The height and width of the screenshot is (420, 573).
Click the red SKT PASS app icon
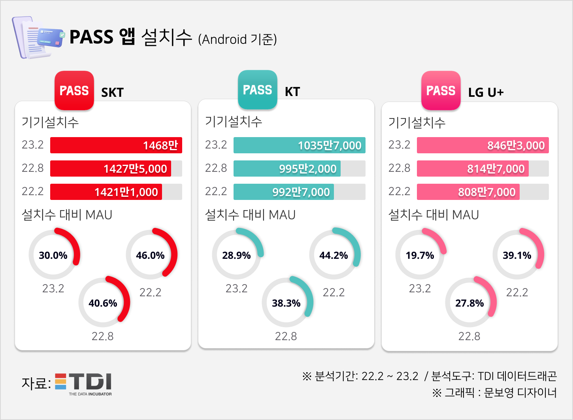(x=74, y=90)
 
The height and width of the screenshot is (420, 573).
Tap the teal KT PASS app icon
(x=258, y=90)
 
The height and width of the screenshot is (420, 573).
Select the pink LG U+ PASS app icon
(x=441, y=90)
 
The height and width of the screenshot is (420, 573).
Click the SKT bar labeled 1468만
(x=116, y=145)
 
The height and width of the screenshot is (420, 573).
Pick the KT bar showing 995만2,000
(x=287, y=168)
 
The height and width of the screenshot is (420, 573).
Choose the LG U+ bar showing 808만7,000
(x=468, y=192)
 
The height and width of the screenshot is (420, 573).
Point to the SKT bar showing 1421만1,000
(x=106, y=192)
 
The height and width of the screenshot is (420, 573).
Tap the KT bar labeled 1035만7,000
(x=299, y=145)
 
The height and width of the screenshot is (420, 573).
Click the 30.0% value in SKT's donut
(x=53, y=255)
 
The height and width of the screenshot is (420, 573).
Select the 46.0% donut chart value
(x=151, y=255)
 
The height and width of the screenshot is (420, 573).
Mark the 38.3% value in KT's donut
(x=286, y=303)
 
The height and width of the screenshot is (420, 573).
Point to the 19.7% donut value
(x=420, y=255)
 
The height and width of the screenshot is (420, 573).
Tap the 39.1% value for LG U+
(x=517, y=255)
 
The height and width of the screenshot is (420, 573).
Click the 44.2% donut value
(x=334, y=255)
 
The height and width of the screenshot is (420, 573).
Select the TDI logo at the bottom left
(x=84, y=384)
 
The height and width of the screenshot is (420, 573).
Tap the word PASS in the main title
(x=91, y=37)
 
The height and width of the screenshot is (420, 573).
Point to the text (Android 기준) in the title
(x=237, y=39)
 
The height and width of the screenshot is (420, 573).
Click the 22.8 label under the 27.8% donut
(x=469, y=336)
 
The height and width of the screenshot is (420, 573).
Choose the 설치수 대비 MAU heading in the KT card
(x=250, y=215)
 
